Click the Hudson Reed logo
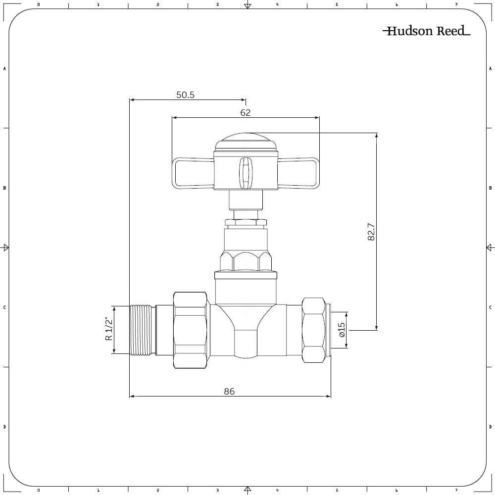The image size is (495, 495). (x=426, y=31)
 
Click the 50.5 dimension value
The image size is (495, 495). (x=185, y=95)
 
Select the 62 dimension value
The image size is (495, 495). (x=246, y=113)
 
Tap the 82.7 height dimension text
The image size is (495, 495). (x=371, y=232)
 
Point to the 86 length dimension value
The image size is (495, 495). (x=229, y=391)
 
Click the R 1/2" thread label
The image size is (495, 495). (x=109, y=329)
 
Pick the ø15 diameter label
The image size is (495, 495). (x=341, y=330)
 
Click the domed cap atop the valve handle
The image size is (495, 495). (x=246, y=141)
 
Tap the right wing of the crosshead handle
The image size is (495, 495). (x=298, y=173)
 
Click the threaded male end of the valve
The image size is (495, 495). (x=143, y=330)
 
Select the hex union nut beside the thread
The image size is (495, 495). (x=190, y=330)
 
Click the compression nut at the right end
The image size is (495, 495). (x=314, y=330)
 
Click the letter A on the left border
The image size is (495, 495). (x=4, y=68)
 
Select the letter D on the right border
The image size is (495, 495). (x=490, y=427)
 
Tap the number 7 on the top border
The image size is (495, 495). (x=456, y=4)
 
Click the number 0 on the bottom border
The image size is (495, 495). (x=39, y=491)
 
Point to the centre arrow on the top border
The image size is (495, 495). (x=247, y=5)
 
